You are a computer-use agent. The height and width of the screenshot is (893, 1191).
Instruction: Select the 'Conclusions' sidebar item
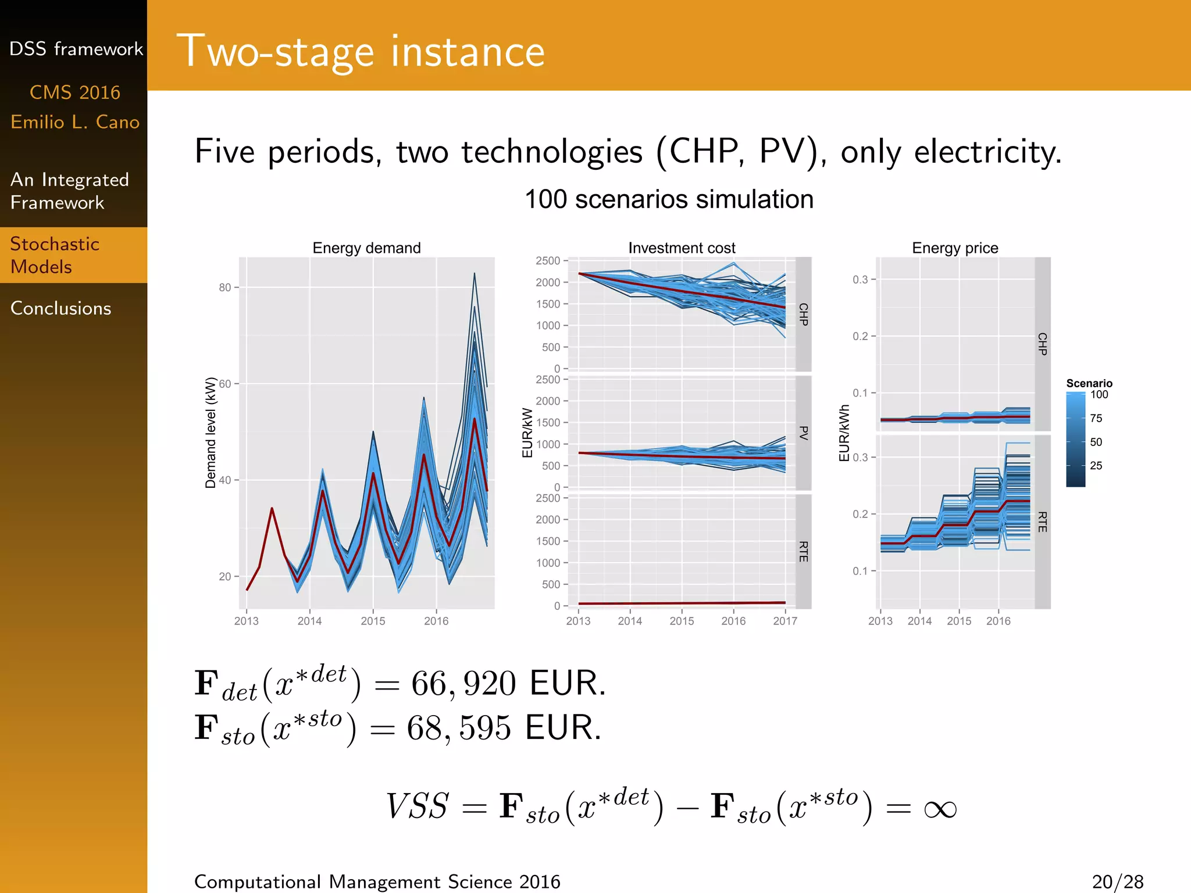tap(60, 308)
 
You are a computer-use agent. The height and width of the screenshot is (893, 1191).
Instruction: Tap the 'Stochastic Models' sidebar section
tap(55, 255)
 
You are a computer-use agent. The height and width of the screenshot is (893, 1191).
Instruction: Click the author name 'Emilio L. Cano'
tap(75, 122)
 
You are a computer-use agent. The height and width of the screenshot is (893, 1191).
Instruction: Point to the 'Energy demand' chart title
tap(366, 248)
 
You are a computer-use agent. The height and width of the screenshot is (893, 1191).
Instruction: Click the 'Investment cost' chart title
tap(682, 248)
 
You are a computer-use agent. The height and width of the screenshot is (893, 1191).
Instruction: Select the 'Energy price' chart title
tap(955, 248)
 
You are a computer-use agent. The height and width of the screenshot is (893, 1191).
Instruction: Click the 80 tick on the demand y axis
tap(225, 287)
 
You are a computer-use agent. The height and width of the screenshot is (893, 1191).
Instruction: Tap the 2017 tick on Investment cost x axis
tap(785, 621)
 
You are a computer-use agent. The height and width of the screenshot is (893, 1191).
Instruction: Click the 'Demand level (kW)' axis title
tap(211, 433)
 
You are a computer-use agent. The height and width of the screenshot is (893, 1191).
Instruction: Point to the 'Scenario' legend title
tap(1089, 383)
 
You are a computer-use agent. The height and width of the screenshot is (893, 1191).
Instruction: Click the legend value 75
tap(1096, 418)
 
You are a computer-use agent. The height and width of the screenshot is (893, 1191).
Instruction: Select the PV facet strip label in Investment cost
tap(804, 433)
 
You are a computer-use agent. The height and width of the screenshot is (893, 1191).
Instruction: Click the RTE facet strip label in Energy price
tap(1042, 521)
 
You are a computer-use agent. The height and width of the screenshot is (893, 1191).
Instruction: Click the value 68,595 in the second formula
tap(459, 728)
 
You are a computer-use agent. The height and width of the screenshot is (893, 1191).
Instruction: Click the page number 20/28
tap(1117, 882)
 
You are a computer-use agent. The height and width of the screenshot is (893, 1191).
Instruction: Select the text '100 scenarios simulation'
tap(669, 199)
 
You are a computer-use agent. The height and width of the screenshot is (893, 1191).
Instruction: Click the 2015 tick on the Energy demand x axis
tap(373, 621)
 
